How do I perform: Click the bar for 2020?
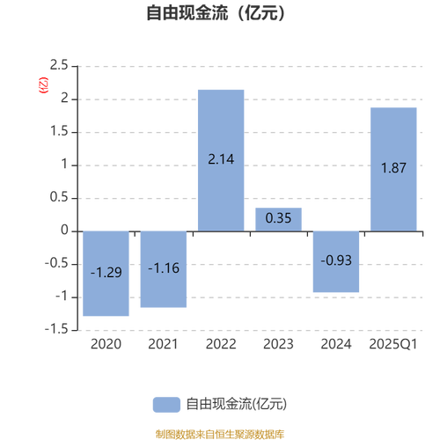click(x=106, y=274)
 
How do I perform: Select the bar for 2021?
click(x=164, y=269)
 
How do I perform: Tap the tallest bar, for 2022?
click(x=221, y=160)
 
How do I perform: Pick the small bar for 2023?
click(x=278, y=219)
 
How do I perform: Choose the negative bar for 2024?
click(x=336, y=261)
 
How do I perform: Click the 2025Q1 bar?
click(x=393, y=169)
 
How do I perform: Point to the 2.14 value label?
click(x=221, y=159)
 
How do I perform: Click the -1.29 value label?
click(x=106, y=273)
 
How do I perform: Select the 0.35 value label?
click(x=278, y=218)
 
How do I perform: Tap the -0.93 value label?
click(x=336, y=260)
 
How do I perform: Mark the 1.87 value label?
click(x=393, y=168)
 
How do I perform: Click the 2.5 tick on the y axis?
click(x=59, y=65)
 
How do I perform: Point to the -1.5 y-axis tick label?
click(x=56, y=329)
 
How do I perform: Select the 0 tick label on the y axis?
click(x=64, y=231)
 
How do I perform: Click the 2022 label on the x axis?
click(x=221, y=344)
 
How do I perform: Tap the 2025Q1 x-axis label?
click(x=393, y=344)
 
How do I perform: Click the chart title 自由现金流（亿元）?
click(x=216, y=13)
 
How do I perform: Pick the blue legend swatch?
click(x=166, y=405)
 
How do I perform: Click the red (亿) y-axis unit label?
click(x=43, y=85)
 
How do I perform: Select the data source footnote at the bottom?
click(x=220, y=434)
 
